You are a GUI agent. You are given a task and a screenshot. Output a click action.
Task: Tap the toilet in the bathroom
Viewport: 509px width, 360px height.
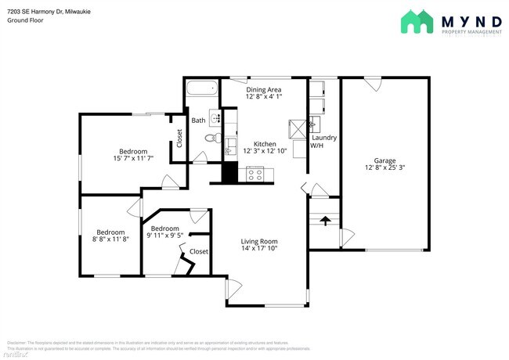tap(209, 138)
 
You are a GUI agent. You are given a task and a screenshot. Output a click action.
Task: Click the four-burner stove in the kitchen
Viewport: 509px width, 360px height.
tap(255, 175)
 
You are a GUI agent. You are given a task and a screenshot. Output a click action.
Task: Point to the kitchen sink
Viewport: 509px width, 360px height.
tap(231, 146)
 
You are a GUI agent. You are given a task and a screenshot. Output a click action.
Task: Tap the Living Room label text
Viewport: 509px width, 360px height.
tap(259, 241)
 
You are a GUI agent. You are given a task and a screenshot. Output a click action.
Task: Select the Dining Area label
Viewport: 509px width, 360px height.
tap(263, 90)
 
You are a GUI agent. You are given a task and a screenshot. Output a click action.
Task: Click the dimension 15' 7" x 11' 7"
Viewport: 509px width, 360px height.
tap(133, 159)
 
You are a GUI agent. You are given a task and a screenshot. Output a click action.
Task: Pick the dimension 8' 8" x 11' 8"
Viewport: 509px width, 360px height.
tap(110, 240)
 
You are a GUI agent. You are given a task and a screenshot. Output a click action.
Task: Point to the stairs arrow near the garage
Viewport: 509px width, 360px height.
tap(325, 221)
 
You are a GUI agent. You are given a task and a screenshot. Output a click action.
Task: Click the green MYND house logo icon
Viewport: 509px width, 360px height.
tap(417, 21)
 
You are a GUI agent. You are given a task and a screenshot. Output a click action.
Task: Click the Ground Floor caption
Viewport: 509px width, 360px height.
tap(24, 20)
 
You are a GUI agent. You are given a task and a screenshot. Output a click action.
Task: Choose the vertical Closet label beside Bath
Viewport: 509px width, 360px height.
tap(179, 139)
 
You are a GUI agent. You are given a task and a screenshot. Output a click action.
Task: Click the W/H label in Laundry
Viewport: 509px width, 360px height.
tap(316, 146)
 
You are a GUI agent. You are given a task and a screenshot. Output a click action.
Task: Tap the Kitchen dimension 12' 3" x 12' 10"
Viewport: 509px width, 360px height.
tap(265, 151)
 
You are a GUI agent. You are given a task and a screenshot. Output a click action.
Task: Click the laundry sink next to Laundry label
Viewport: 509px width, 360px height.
tap(314, 123)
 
